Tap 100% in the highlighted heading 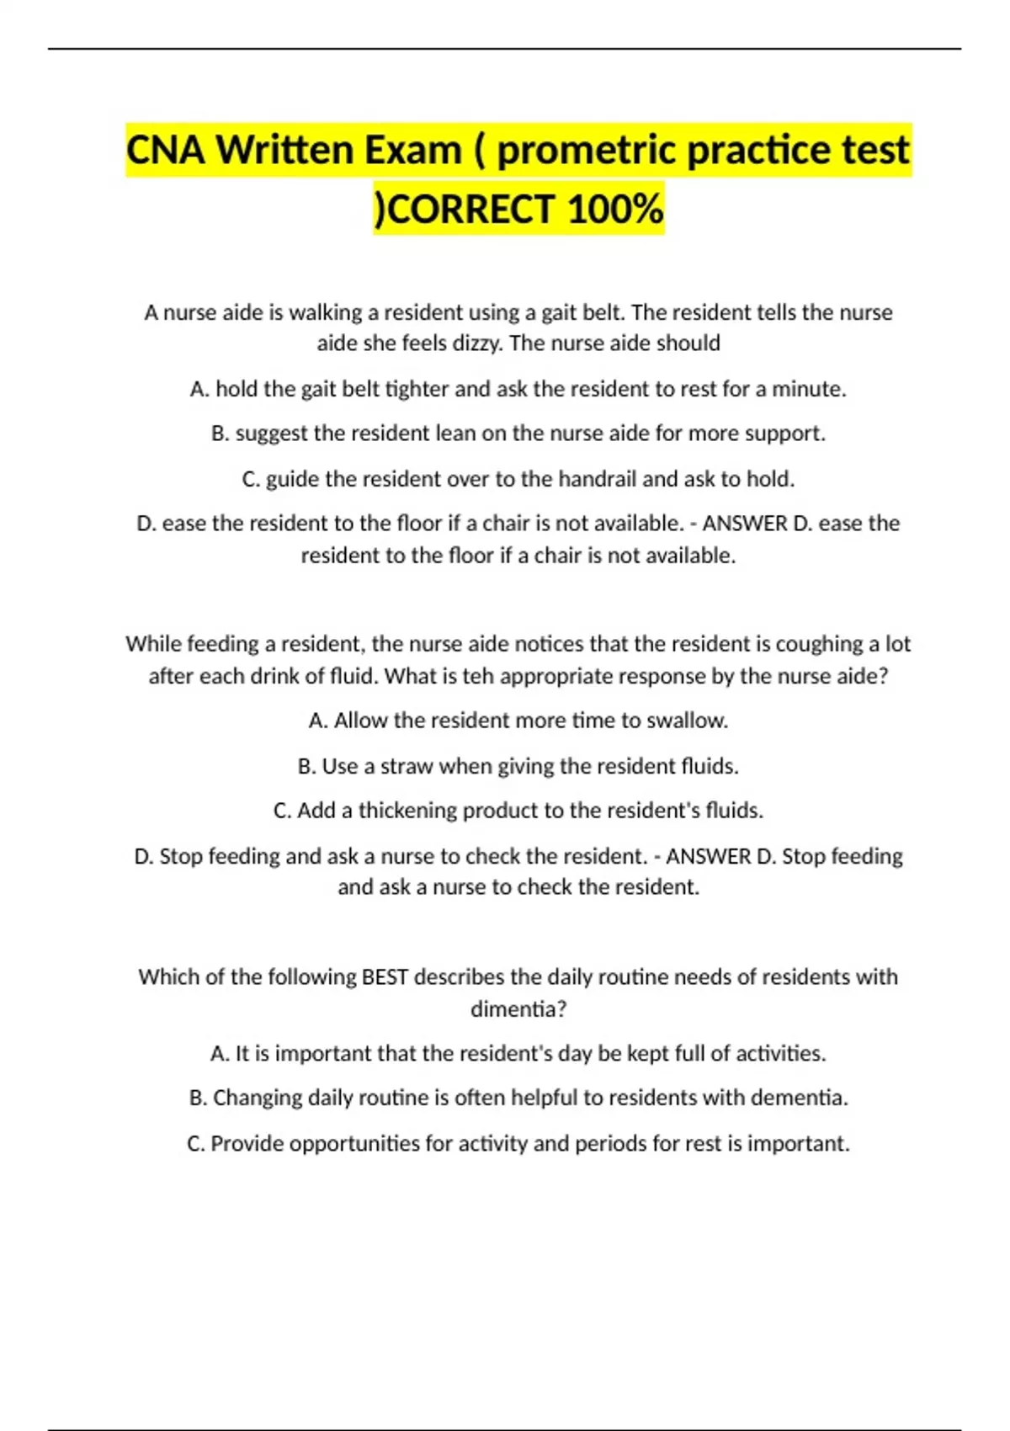(615, 210)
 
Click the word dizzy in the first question (472, 343)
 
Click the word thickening (407, 811)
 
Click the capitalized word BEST (385, 976)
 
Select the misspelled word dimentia (518, 1008)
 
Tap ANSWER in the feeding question (708, 856)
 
